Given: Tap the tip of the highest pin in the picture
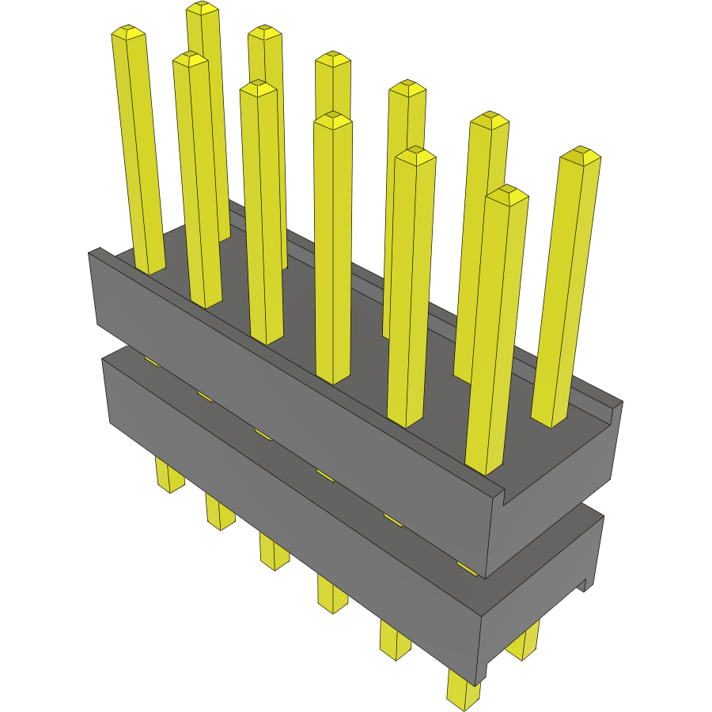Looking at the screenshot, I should point(203,8).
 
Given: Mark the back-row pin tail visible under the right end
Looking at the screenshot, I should point(524,642).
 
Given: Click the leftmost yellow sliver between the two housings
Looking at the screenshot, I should point(151,362).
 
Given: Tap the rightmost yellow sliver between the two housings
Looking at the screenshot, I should point(467,567).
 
